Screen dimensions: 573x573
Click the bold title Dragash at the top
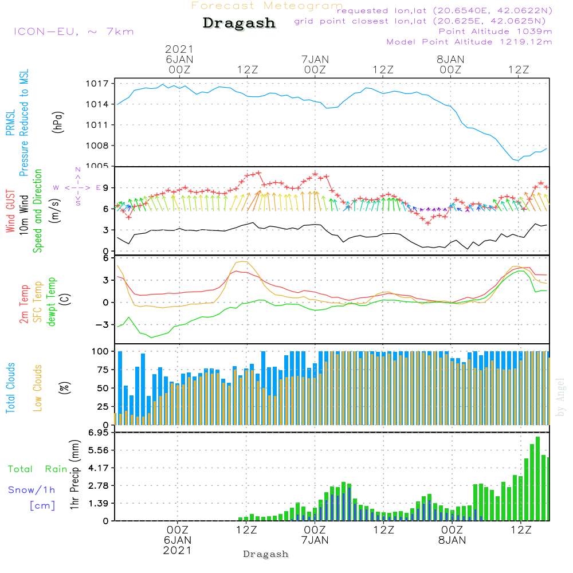(x=239, y=23)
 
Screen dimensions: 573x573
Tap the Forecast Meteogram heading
(x=267, y=6)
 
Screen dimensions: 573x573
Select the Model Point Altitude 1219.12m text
(x=469, y=42)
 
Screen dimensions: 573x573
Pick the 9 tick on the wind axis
(x=106, y=187)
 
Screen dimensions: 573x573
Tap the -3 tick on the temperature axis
(x=104, y=325)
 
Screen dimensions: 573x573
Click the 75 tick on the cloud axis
(x=101, y=370)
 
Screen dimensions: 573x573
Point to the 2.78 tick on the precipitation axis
(x=97, y=485)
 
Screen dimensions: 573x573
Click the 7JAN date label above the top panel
(x=315, y=59)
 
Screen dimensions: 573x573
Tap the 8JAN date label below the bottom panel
(x=452, y=540)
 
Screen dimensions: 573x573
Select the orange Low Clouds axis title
(x=38, y=387)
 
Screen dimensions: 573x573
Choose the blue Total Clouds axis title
(x=10, y=387)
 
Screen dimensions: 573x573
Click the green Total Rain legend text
(x=38, y=469)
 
